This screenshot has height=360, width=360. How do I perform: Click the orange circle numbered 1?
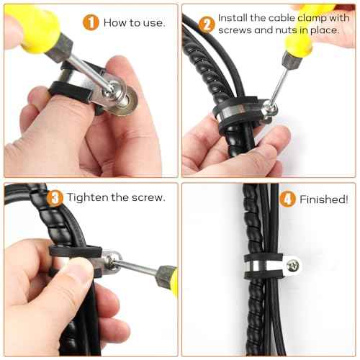(x=91, y=22)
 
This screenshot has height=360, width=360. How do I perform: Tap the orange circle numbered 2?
(x=207, y=24)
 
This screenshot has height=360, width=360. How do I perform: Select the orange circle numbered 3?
(x=55, y=197)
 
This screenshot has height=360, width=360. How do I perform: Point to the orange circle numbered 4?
(x=287, y=199)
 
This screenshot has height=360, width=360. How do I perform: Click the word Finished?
(x=323, y=199)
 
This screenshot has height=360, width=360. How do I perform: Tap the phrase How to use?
(x=134, y=22)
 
